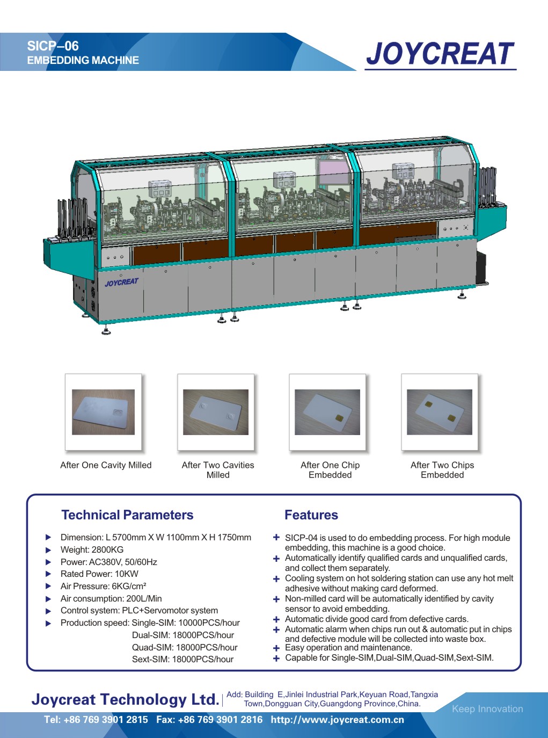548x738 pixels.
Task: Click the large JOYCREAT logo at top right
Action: tap(440, 54)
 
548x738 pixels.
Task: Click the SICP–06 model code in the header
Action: tap(53, 46)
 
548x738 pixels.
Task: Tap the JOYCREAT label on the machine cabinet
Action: tap(122, 283)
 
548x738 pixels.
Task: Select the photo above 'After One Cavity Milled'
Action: tap(103, 412)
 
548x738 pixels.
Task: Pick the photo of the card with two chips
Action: tap(440, 412)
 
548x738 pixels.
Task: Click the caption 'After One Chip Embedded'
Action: tap(330, 470)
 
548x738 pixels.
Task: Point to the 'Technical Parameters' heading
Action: tap(127, 515)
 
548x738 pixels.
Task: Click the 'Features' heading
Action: tap(311, 515)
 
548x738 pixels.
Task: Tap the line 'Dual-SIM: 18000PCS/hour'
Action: tap(183, 635)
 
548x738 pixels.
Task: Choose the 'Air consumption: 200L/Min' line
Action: tap(111, 598)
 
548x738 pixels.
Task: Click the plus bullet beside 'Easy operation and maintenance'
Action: tap(276, 648)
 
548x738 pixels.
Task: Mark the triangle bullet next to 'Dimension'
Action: tap(48, 537)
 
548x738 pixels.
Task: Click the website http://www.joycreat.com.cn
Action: tap(337, 720)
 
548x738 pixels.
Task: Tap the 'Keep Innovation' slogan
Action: tap(487, 708)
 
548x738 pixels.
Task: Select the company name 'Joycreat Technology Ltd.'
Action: tap(126, 699)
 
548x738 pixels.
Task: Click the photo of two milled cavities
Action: tap(216, 412)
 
